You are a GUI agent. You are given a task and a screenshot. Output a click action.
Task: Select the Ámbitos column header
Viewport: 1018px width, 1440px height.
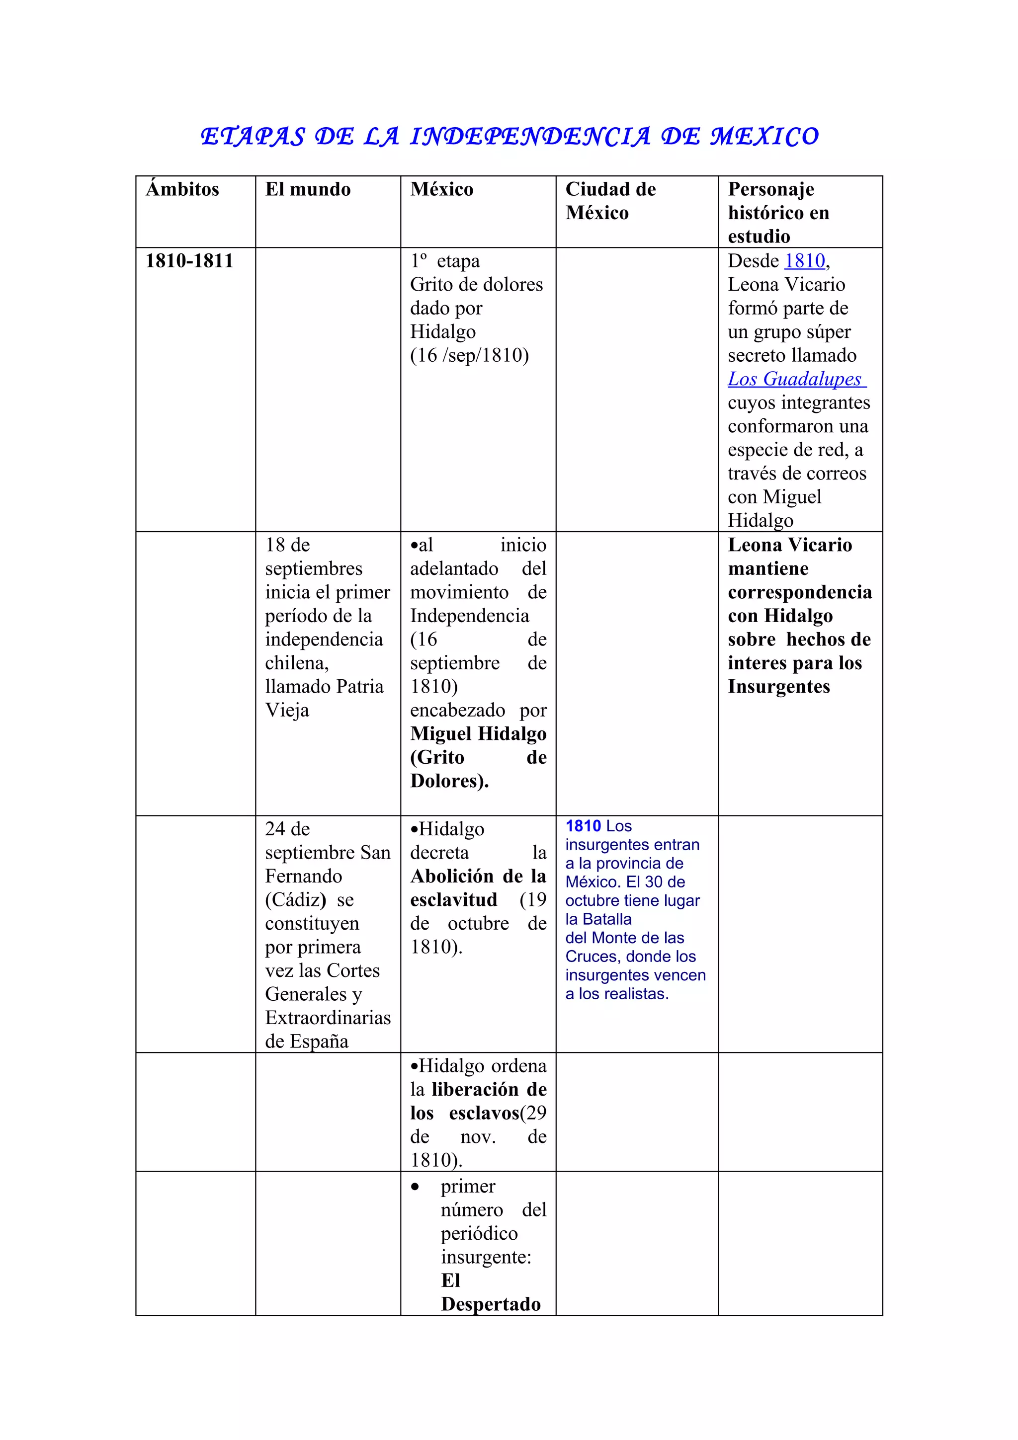tap(182, 189)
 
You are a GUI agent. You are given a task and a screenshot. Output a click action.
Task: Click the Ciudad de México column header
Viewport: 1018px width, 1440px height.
tap(610, 201)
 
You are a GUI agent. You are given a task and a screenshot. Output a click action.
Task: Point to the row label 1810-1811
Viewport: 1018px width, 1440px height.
tap(189, 261)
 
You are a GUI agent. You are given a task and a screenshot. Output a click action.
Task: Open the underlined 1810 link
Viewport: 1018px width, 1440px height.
tap(804, 261)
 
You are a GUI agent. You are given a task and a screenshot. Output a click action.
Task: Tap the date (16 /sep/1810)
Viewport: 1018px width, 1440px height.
tap(469, 356)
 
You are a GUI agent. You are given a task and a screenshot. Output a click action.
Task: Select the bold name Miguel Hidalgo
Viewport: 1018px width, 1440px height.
tap(478, 734)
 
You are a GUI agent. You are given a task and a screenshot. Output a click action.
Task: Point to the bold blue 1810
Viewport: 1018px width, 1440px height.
tap(583, 826)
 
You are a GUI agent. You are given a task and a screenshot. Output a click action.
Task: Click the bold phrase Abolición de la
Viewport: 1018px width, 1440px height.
tap(478, 876)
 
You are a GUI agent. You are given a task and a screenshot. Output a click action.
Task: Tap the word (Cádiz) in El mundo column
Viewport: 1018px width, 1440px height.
tap(295, 900)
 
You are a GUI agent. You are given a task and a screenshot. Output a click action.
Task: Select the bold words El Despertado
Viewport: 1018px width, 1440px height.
tap(491, 1292)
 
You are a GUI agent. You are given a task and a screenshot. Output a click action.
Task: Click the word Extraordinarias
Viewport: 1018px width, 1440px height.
tap(328, 1017)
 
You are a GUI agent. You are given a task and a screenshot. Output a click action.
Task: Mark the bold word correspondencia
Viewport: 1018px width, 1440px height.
tap(800, 592)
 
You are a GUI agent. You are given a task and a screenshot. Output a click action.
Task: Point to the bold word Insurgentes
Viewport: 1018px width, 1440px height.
tap(778, 687)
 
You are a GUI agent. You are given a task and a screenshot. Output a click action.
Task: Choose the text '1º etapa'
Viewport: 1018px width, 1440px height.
tap(445, 261)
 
